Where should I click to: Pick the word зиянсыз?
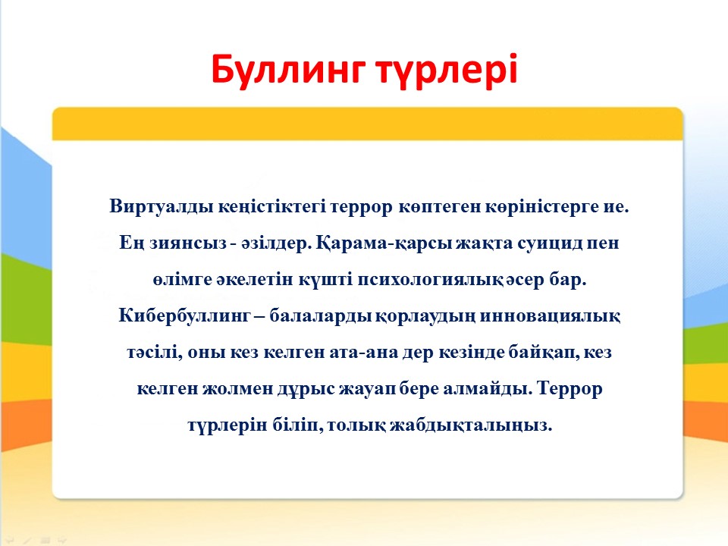tap(188, 243)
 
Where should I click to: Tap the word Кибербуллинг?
tap(184, 315)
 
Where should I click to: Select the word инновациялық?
tap(551, 315)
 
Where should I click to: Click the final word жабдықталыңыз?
tap(471, 425)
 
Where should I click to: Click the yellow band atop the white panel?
tap(367, 124)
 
